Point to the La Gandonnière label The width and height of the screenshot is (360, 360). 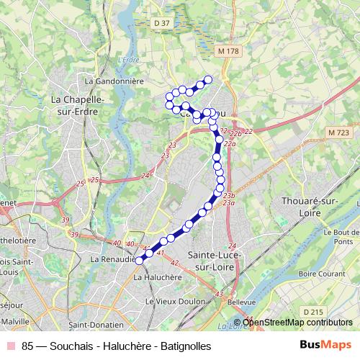pos(115,81)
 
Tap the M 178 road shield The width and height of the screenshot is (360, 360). pos(227,51)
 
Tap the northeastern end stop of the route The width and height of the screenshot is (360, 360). pos(208,79)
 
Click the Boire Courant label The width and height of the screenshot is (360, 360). pos(319,274)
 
